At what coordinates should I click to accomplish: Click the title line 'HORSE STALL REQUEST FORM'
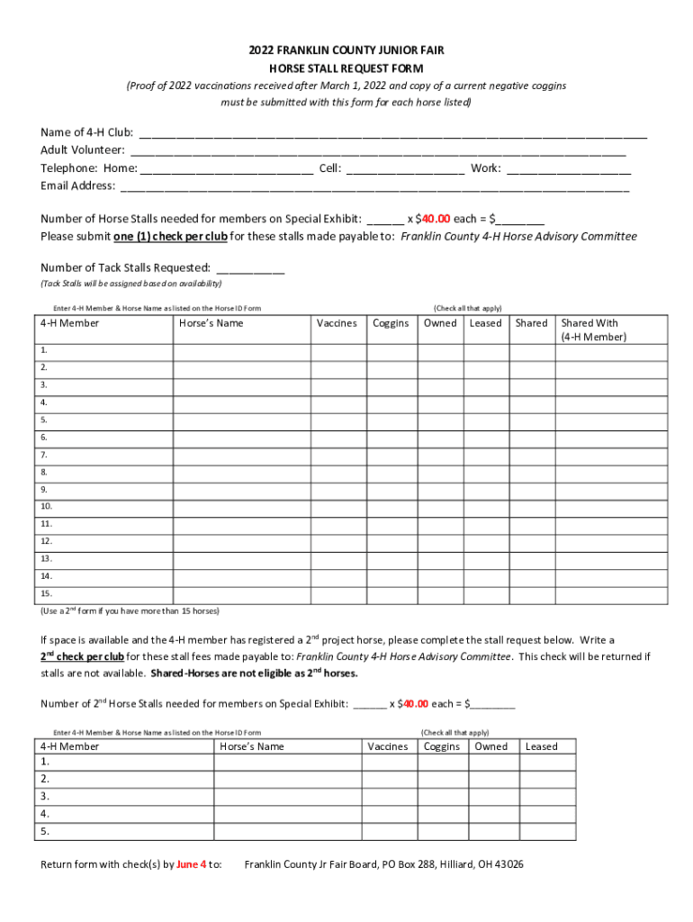coord(346,68)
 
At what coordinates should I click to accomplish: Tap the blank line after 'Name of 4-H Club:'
coord(392,134)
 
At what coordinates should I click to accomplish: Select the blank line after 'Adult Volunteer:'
coord(378,151)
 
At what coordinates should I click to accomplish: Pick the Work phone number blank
coord(569,168)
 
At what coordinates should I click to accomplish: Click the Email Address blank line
coord(374,186)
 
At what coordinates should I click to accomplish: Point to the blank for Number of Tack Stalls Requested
coord(250,267)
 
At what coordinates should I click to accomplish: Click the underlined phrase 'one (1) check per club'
coord(170,237)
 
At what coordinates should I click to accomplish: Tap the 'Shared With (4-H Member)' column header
coord(593,330)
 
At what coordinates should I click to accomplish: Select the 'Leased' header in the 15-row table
coord(485,323)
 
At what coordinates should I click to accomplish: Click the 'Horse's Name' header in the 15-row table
coord(211,323)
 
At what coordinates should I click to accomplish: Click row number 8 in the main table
coord(44,472)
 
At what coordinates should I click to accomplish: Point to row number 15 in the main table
coord(46,593)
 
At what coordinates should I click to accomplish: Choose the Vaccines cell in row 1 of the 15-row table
coord(337,351)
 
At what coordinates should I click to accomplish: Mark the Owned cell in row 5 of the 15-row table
coord(440,420)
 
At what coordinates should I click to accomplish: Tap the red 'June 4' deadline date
coord(191,864)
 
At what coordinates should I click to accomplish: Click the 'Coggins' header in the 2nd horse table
coord(442,746)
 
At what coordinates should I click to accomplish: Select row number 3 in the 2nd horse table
coord(44,797)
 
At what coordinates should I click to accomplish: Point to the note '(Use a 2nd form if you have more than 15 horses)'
coord(130,611)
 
